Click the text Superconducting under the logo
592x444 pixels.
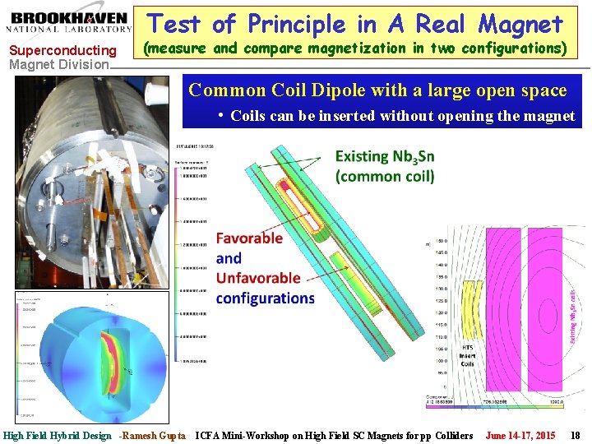pos(62,51)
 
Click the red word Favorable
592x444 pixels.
pos(249,238)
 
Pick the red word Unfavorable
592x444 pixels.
pos(258,278)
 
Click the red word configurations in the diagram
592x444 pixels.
pos(265,298)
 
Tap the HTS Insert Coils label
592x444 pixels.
pos(467,355)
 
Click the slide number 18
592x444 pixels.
pos(575,435)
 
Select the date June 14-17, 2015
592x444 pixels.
pos(520,435)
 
